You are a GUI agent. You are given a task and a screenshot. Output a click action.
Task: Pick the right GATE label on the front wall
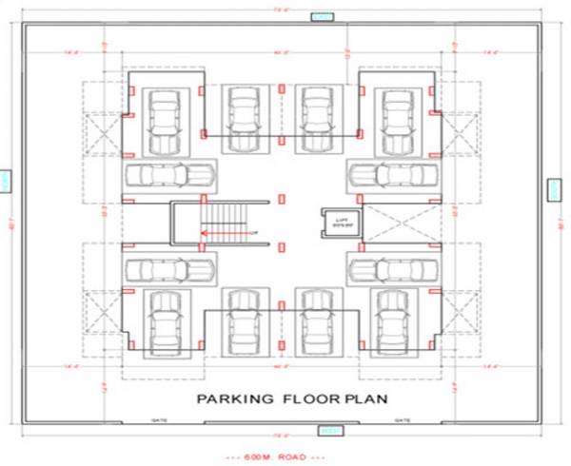click(402, 419)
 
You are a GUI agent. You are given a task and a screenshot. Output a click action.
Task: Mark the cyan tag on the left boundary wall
click(8, 181)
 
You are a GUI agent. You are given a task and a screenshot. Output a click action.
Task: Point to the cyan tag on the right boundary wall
click(553, 190)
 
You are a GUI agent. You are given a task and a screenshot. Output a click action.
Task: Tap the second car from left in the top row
click(243, 118)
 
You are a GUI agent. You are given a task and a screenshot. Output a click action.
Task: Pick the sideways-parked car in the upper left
click(167, 175)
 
